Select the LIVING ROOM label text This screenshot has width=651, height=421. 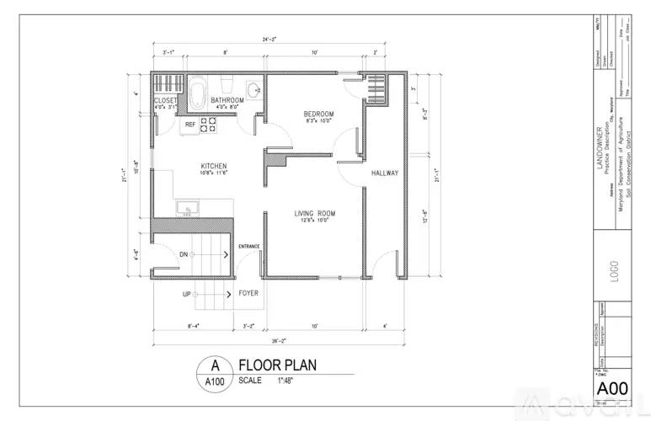click(x=315, y=214)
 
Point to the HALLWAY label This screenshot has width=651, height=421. click(x=384, y=173)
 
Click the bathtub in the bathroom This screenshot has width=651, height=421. click(x=198, y=93)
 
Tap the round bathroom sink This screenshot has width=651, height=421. click(x=253, y=89)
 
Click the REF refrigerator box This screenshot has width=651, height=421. click(x=190, y=125)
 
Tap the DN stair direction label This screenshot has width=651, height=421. click(x=184, y=254)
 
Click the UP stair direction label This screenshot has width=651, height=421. click(x=186, y=294)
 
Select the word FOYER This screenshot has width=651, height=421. click(x=248, y=294)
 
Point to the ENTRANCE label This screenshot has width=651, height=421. click(x=248, y=246)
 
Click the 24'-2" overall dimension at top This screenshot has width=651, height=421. click(x=269, y=39)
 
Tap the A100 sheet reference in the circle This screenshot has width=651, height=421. click(x=215, y=381)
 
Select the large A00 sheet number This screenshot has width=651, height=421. click(x=612, y=388)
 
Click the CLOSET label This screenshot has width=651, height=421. click(x=165, y=100)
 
